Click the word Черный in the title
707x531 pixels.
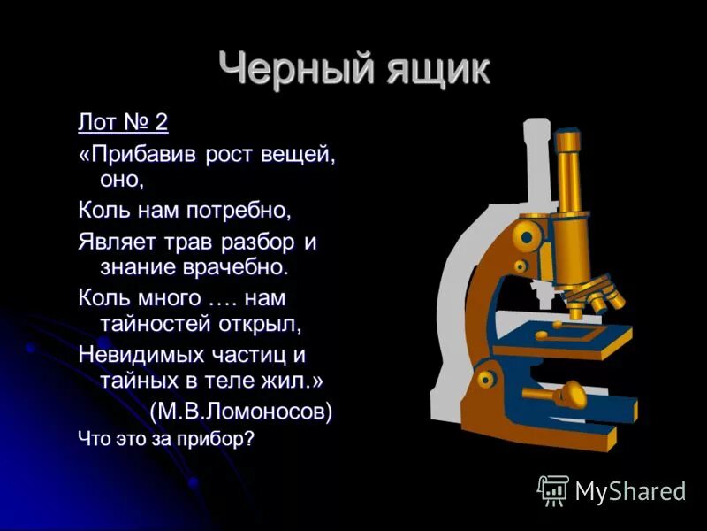tap(282, 69)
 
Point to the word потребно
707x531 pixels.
tap(238, 211)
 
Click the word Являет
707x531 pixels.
tap(115, 240)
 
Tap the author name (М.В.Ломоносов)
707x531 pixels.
tap(240, 412)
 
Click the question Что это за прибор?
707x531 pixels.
tap(165, 438)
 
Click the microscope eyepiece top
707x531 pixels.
tap(568, 140)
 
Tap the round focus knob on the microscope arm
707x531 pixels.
tap(528, 237)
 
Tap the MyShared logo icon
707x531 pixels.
tap(553, 489)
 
